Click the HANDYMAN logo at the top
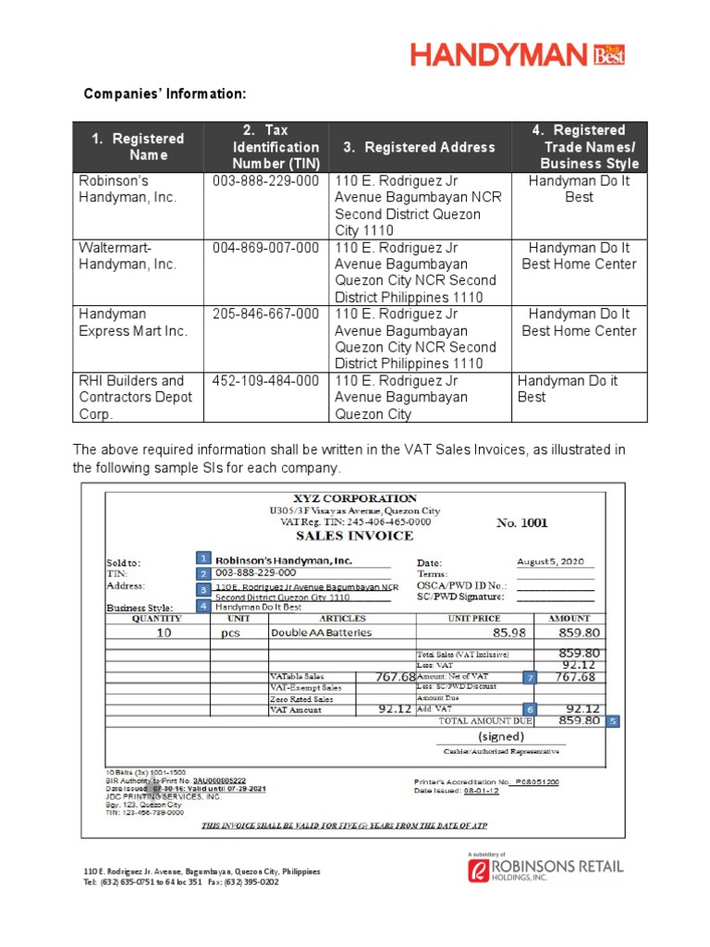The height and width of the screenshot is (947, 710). click(518, 55)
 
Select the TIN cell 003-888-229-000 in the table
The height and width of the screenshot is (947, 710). click(266, 181)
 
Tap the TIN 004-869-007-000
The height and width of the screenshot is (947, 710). click(266, 248)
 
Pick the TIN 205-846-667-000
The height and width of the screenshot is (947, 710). click(266, 314)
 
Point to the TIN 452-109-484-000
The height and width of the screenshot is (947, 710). click(266, 381)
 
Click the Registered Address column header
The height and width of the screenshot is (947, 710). click(420, 147)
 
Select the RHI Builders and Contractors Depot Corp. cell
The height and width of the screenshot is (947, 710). click(137, 397)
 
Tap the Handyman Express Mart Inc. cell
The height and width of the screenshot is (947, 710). click(132, 323)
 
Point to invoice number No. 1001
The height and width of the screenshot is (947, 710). click(521, 523)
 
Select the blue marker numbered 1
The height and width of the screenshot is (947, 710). click(203, 558)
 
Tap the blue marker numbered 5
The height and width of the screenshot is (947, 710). click(614, 721)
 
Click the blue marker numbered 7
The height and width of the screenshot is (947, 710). click(530, 677)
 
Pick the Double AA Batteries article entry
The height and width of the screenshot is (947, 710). click(321, 633)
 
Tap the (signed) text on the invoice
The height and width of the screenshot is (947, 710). click(501, 737)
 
